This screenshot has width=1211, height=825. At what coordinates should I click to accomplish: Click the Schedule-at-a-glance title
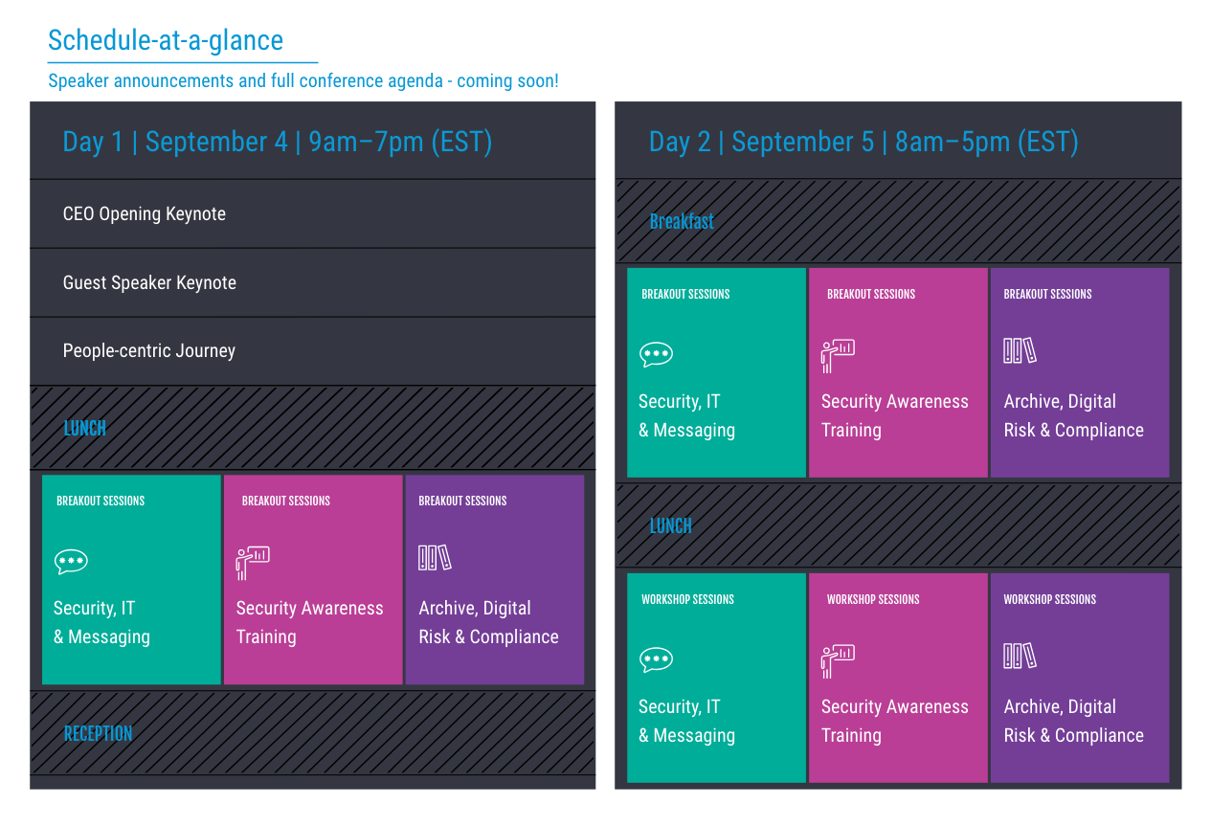click(166, 40)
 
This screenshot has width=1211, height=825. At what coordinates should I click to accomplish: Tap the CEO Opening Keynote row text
click(145, 214)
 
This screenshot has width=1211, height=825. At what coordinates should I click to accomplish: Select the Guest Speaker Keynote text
click(149, 282)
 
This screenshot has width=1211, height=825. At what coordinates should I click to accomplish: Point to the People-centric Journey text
click(149, 351)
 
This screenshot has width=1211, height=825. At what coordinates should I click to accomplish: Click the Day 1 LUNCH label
click(85, 428)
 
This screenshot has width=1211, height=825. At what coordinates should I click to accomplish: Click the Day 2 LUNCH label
click(670, 526)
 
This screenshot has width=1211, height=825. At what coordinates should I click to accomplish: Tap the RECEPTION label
click(98, 734)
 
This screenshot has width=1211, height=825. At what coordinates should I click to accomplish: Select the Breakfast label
click(682, 222)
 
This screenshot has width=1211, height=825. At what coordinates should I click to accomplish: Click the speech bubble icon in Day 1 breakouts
click(71, 562)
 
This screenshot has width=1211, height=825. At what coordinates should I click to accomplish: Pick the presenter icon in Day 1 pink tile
click(253, 563)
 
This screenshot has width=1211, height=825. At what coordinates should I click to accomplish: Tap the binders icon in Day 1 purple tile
click(435, 557)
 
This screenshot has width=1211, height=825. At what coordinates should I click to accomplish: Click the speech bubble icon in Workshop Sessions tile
click(656, 659)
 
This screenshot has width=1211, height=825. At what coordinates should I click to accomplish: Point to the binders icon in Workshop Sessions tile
click(1020, 656)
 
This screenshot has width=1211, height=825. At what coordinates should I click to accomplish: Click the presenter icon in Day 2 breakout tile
click(838, 356)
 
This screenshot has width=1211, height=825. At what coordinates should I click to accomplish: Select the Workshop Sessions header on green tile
click(687, 599)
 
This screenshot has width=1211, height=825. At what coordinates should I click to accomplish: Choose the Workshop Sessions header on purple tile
click(1050, 599)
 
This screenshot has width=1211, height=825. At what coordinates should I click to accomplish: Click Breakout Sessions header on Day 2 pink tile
click(871, 294)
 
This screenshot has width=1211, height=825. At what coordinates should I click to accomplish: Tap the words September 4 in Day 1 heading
click(216, 142)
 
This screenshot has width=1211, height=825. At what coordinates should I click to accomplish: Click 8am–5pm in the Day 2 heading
click(953, 142)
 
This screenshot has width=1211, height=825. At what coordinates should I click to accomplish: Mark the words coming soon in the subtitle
click(507, 81)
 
